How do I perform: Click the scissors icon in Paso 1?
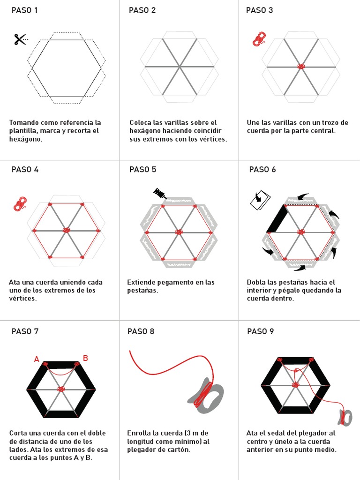[20, 39]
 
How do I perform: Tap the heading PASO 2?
[142, 10]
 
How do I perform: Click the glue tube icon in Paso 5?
[159, 193]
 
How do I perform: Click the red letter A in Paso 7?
[37, 360]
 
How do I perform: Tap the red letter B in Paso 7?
[85, 358]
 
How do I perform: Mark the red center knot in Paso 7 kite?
[61, 389]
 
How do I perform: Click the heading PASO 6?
[262, 170]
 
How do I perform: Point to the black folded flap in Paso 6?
[277, 218]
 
